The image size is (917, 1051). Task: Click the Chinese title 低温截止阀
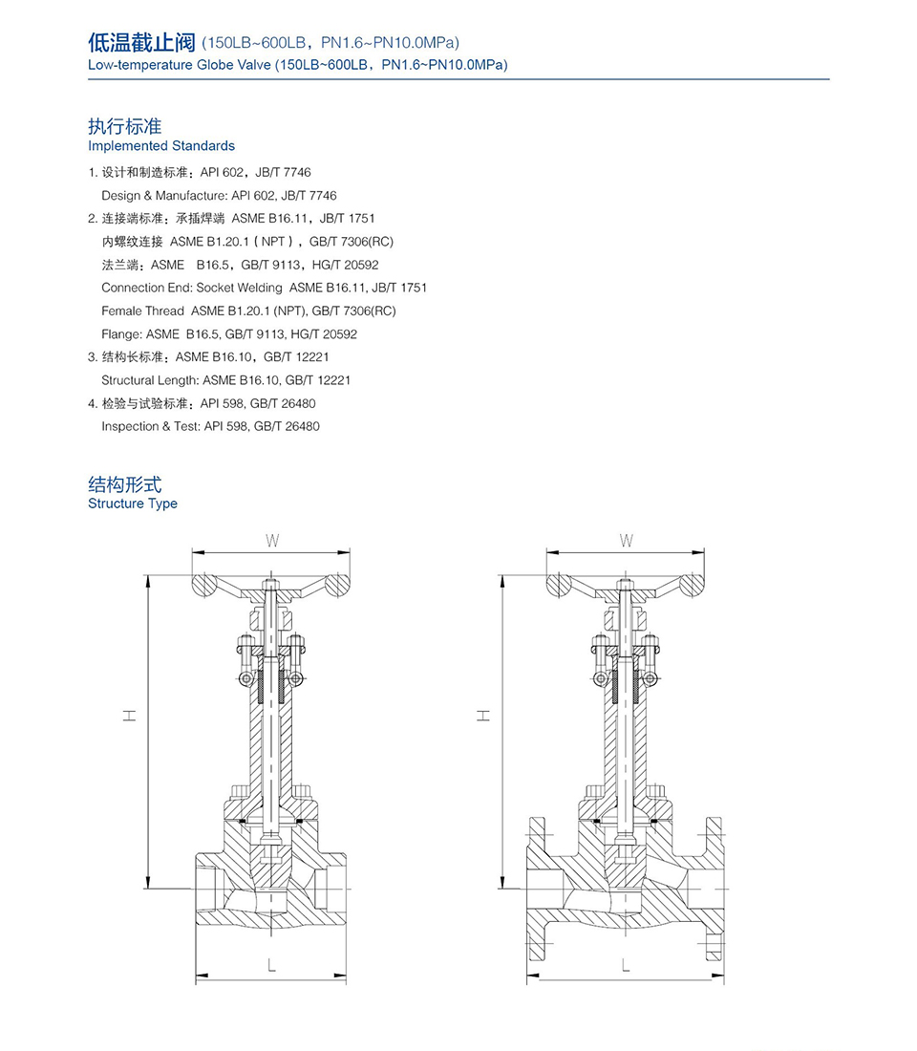point(141,42)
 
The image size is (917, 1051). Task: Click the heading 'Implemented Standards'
point(161,146)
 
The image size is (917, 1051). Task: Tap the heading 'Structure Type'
point(133,504)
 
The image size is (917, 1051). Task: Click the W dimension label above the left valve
point(272,542)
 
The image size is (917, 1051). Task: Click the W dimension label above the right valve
point(627,542)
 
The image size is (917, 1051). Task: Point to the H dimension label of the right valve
point(483,715)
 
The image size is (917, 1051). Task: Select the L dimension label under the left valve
point(272,966)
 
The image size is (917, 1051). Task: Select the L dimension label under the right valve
point(626,966)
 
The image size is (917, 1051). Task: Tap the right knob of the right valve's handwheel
point(692,584)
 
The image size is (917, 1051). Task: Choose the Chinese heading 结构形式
point(125,484)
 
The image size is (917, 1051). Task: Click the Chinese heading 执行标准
point(125,126)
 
